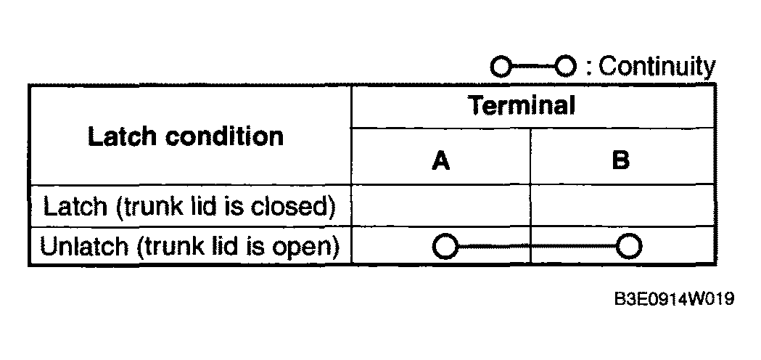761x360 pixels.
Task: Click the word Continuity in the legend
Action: coord(657,67)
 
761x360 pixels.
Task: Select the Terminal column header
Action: coord(522,105)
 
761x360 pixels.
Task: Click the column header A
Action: coord(440,160)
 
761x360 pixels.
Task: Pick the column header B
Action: coord(621,160)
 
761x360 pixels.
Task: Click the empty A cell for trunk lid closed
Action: coord(440,205)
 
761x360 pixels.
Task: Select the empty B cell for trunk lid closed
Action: coord(622,205)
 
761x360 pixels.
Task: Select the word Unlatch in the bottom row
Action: coord(84,246)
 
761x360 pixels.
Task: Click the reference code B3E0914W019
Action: coord(674,299)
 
